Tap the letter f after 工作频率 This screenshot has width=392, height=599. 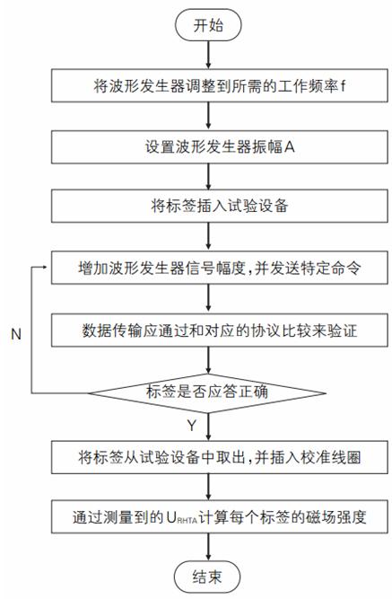(343, 85)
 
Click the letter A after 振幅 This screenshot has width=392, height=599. (290, 146)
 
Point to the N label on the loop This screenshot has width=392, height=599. (15, 334)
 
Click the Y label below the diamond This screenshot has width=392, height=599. (192, 425)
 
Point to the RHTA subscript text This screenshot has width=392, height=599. (187, 520)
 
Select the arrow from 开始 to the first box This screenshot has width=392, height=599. (208, 55)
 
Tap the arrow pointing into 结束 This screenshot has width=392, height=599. (208, 547)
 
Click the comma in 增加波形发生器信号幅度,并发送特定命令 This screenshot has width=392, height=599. (249, 272)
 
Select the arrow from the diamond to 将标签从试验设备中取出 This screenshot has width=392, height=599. (208, 427)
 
